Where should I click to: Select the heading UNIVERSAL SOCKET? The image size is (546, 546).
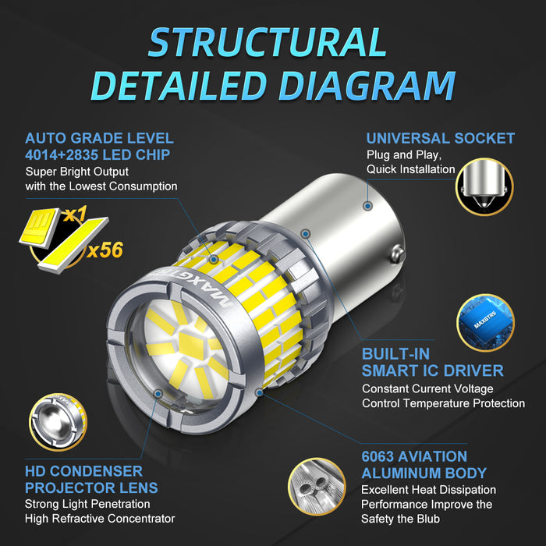point(440,138)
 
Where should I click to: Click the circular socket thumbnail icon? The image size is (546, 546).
point(485,186)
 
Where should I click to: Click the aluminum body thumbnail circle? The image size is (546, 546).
point(317,486)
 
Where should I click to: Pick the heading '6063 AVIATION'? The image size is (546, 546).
point(414,456)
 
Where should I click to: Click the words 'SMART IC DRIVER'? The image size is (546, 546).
point(432,370)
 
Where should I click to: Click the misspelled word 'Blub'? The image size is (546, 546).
point(424,519)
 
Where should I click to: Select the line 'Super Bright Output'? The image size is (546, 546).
point(76,171)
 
